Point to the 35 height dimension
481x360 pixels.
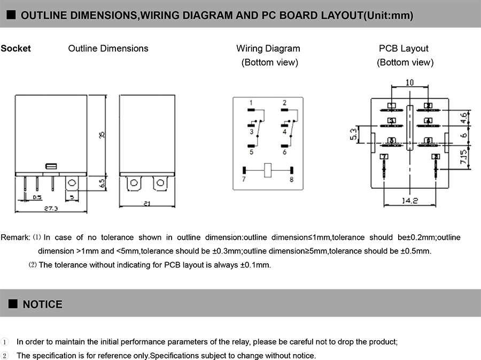tap(102, 136)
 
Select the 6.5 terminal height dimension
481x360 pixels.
tap(102, 183)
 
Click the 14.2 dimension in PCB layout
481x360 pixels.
tap(411, 201)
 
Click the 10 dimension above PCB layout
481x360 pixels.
tap(409, 83)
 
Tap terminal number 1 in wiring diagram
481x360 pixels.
tap(251, 103)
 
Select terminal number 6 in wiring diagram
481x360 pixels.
tap(284, 152)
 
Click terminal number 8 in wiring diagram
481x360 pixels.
tap(292, 179)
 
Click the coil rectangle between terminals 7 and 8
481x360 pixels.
tap(268, 170)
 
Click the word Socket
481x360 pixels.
tap(16, 49)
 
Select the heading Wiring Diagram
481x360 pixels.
tap(268, 49)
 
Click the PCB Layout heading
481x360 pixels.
tap(404, 49)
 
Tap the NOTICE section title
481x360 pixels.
tap(42, 304)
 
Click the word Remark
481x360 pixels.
tap(14, 237)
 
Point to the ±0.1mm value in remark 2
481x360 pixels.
tap(255, 265)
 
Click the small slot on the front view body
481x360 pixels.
tap(52, 166)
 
